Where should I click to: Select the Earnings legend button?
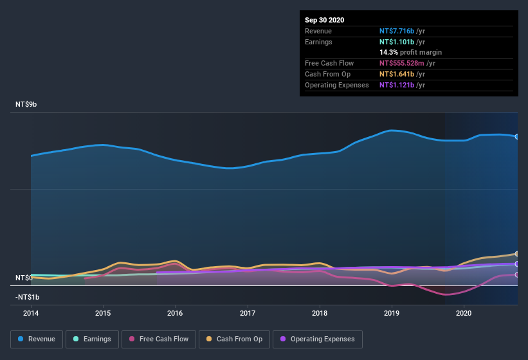point(91,339)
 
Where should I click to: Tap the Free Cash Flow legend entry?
point(159,339)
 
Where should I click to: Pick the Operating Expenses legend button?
point(317,339)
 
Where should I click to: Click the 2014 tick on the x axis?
point(31,313)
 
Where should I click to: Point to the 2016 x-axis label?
point(175,313)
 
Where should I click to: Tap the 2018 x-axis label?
point(320,313)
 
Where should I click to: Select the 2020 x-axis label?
point(464,313)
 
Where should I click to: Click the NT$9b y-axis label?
point(26,104)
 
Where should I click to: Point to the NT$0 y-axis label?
point(24,278)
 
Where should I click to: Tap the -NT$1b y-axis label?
point(27,297)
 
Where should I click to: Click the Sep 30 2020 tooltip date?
point(324,20)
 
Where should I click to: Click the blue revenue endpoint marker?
point(517,136)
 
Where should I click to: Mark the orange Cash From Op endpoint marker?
point(517,254)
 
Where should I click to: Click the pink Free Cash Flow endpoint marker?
point(517,274)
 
